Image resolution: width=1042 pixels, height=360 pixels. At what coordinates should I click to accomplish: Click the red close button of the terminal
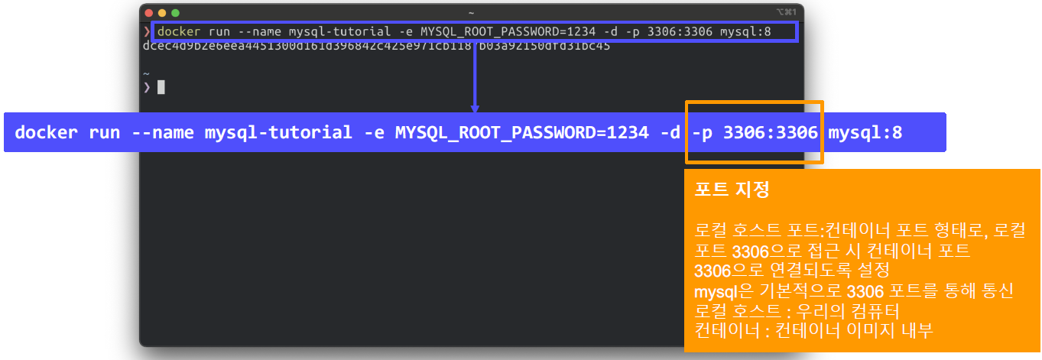click(148, 12)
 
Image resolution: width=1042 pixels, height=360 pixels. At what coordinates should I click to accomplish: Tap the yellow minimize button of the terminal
click(161, 12)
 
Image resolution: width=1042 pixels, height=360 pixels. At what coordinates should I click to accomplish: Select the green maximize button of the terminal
click(175, 12)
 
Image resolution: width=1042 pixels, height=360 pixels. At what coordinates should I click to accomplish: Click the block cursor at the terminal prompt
click(161, 87)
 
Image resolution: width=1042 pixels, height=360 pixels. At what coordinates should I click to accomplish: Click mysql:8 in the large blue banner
click(865, 132)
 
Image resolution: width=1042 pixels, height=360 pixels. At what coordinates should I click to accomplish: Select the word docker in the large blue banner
click(47, 132)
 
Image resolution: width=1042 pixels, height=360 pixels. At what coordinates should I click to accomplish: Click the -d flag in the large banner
click(670, 132)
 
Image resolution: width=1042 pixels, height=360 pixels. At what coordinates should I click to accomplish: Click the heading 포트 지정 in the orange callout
click(732, 190)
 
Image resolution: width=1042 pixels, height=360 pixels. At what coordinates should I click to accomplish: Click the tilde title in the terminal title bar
click(471, 12)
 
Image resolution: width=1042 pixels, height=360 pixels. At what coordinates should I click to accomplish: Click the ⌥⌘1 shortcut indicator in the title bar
click(786, 12)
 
